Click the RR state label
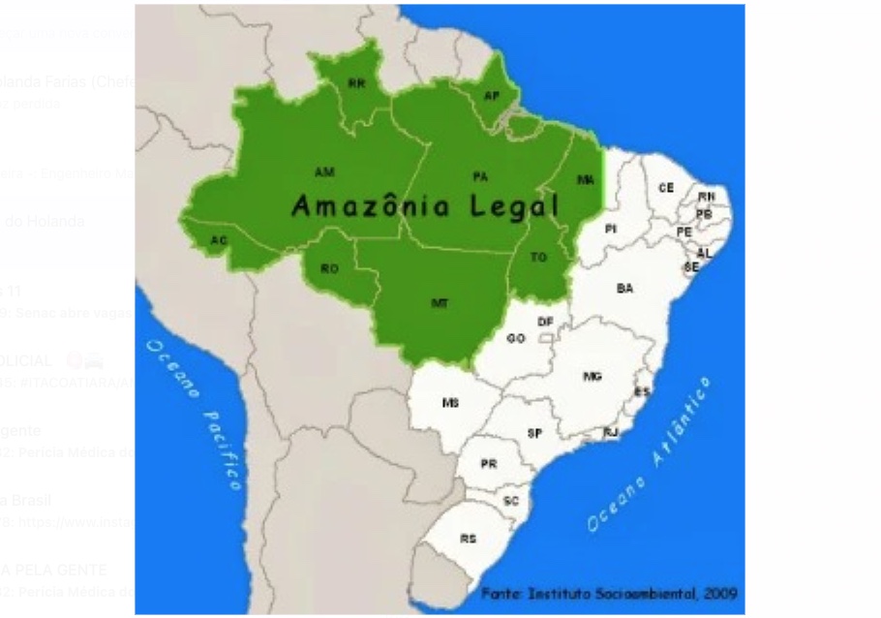click(357, 84)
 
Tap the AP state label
click(491, 96)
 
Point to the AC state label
click(219, 239)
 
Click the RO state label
click(330, 269)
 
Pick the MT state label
click(439, 303)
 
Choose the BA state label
click(624, 288)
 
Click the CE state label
click(666, 187)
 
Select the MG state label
click(592, 377)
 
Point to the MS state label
click(450, 402)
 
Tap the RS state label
click(468, 538)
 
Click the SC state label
click(512, 501)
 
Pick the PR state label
click(489, 464)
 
